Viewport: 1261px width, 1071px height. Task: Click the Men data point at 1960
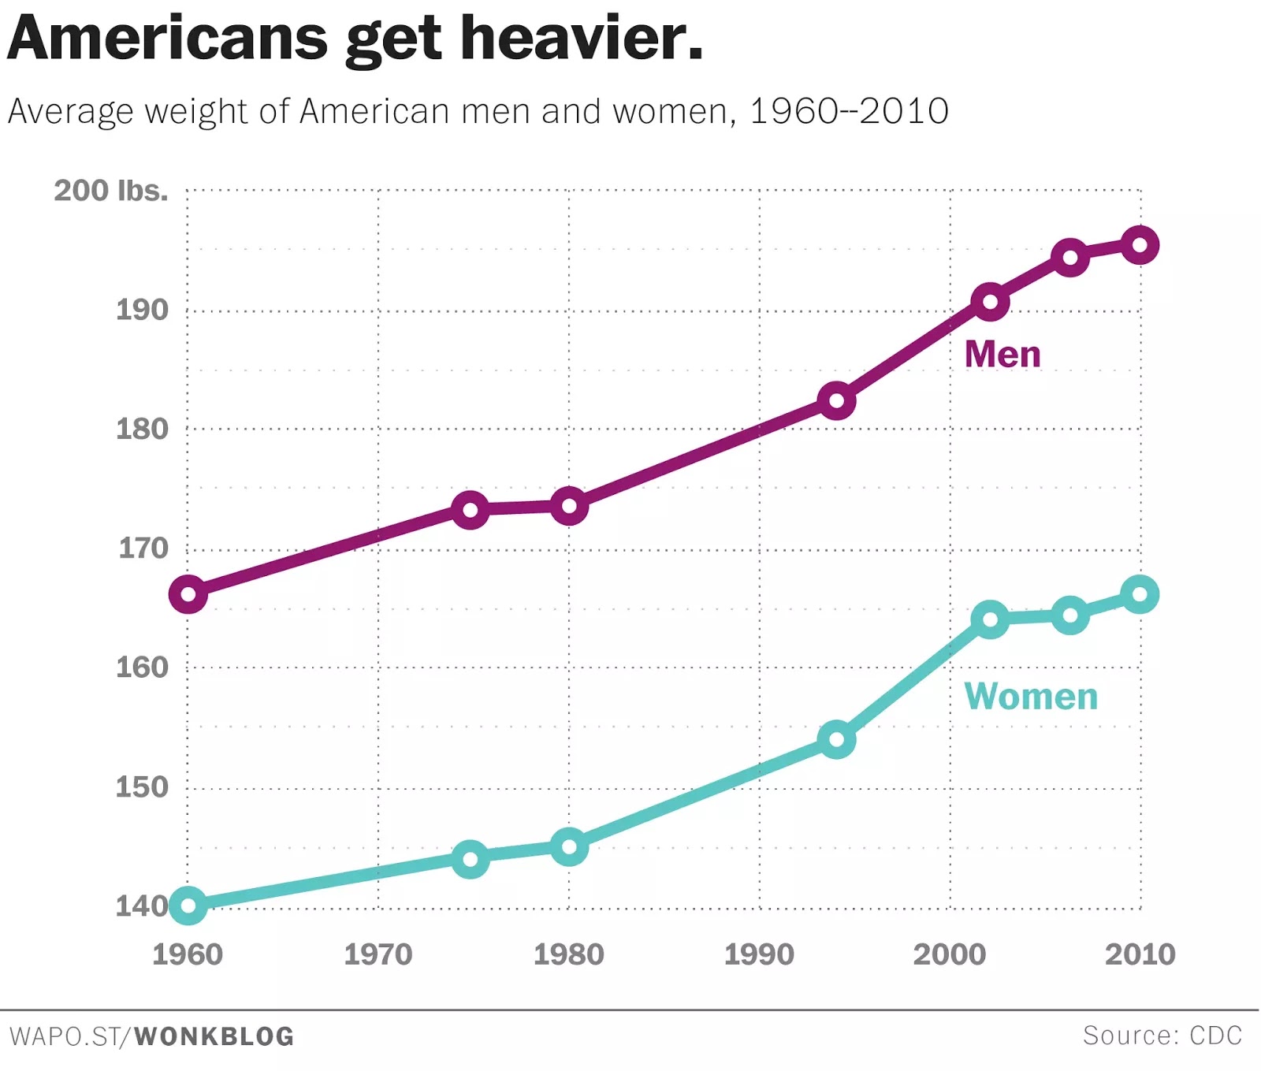point(188,594)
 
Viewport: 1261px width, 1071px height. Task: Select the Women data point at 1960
point(188,906)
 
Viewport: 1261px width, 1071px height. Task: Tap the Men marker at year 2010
point(1140,245)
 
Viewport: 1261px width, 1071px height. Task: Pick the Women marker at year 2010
point(1140,594)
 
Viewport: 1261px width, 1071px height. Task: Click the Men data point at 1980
point(569,506)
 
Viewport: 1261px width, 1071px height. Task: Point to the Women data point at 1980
point(569,847)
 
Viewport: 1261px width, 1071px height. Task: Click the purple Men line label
point(1002,354)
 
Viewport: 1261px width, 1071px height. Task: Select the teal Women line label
point(1031,697)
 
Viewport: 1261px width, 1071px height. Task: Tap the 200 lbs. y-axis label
point(111,191)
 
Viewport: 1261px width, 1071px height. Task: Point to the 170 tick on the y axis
point(143,548)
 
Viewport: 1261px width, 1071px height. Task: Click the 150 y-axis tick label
point(142,787)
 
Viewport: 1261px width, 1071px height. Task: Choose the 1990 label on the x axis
point(759,954)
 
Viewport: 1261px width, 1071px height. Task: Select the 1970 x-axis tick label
point(378,954)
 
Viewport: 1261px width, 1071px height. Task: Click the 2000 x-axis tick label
point(950,954)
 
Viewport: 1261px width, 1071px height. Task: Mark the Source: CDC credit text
point(1162,1035)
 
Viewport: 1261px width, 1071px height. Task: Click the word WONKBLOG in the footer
point(214,1036)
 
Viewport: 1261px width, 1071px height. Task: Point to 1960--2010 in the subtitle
point(849,111)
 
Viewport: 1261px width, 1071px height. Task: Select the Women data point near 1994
point(836,739)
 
